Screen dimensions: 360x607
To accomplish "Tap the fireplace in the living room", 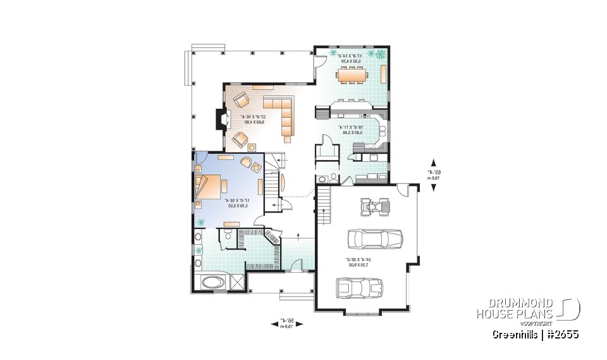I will pyautogui.click(x=219, y=120).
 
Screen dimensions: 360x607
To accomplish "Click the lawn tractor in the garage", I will pyautogui.click(x=374, y=206).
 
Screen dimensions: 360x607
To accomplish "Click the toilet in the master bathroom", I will pyautogui.click(x=228, y=235).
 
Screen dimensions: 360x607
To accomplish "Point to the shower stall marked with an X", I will pyautogui.click(x=236, y=282).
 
